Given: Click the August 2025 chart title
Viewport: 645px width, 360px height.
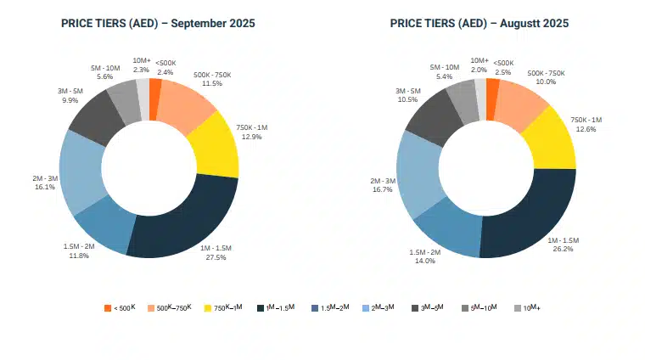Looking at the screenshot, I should (480, 23).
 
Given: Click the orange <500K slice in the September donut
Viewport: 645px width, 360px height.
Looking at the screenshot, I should (154, 88).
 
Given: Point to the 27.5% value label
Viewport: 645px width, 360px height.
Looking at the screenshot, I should (216, 258).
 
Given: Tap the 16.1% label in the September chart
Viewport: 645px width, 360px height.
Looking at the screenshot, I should (44, 187).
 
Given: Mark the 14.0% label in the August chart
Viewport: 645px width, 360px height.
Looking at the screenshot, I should (423, 261).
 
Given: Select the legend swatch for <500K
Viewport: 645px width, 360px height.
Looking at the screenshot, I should (108, 307).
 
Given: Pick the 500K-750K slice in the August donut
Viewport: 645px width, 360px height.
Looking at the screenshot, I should (519, 100).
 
